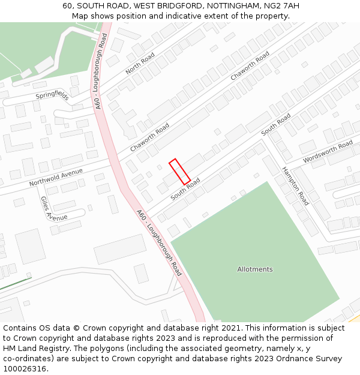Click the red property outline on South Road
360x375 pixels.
(180, 172)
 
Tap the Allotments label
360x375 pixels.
(254, 269)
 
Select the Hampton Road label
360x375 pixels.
(295, 186)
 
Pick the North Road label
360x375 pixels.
(140, 63)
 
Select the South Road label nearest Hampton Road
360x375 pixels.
(276, 124)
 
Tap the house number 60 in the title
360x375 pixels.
(68, 6)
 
